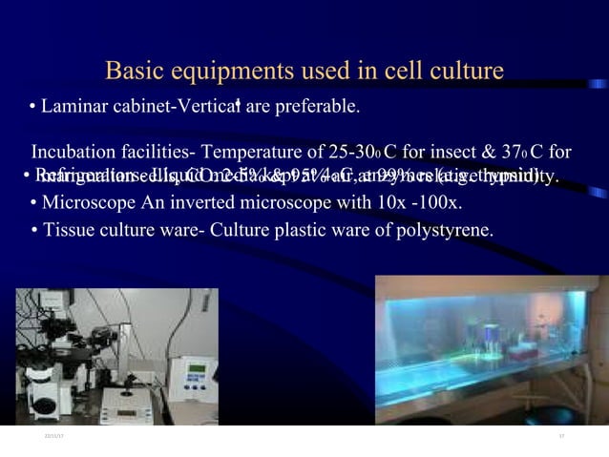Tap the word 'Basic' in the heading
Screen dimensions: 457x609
[x=135, y=72]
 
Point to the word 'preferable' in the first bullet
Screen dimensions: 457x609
[x=317, y=105]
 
